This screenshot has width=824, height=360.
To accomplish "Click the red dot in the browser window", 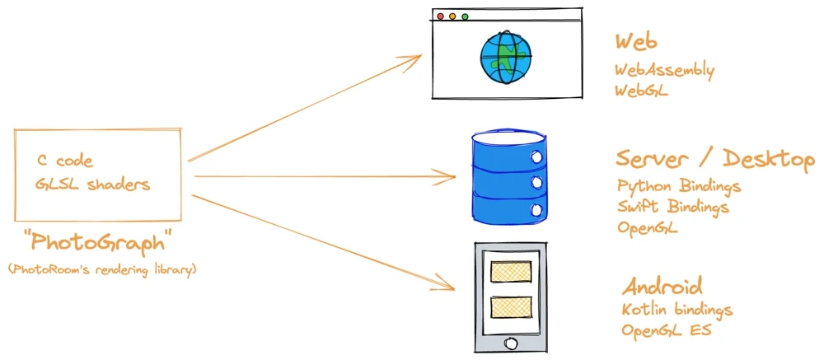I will [x=440, y=16].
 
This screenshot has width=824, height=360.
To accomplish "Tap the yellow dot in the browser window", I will [x=452, y=16].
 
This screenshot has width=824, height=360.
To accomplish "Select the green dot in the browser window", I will [x=465, y=16].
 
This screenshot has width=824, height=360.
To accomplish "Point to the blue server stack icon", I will [x=508, y=175].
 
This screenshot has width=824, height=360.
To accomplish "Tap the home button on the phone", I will [x=510, y=341].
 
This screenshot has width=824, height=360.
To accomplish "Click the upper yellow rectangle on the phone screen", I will [x=511, y=272].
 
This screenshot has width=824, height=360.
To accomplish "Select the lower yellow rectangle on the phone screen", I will [x=511, y=307].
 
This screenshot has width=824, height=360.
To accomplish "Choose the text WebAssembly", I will [x=665, y=71].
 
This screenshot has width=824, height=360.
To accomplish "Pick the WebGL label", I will [x=642, y=91].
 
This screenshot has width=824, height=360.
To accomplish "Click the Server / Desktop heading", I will [x=714, y=159].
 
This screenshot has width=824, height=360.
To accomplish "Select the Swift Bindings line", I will [x=673, y=207].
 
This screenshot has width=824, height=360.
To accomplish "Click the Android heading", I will [x=662, y=288].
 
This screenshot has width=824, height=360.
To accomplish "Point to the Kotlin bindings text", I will [x=677, y=311].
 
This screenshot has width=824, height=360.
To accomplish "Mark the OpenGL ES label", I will [x=667, y=332].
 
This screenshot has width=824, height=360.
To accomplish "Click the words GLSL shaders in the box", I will [x=93, y=184].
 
